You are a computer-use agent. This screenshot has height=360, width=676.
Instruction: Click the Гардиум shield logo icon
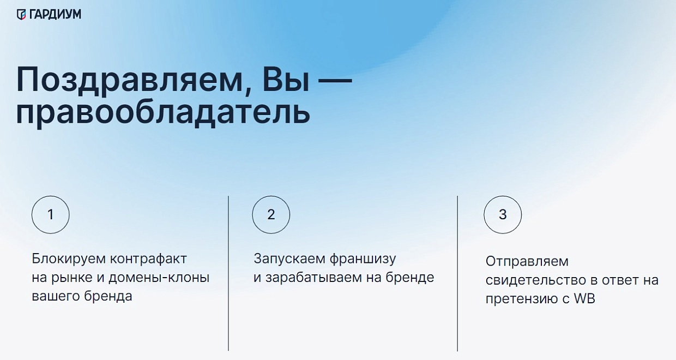pyautogui.click(x=21, y=14)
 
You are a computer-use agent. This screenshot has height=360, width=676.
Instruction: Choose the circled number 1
pyautogui.click(x=51, y=215)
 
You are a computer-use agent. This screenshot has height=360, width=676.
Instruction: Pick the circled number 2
pyautogui.click(x=271, y=215)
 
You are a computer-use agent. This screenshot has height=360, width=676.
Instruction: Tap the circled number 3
pyautogui.click(x=503, y=215)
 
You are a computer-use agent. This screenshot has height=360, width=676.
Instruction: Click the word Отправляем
pyautogui.click(x=519, y=261)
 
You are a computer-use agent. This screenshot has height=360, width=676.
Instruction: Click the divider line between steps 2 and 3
pyautogui.click(x=457, y=273)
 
